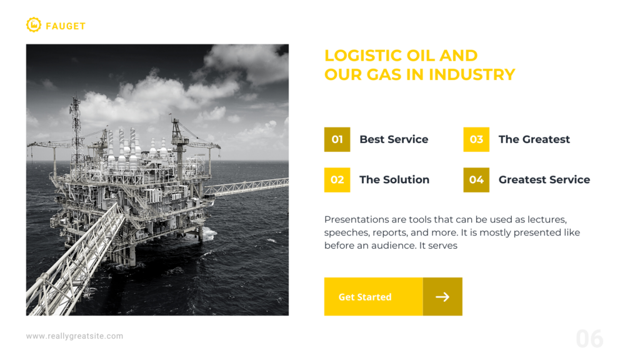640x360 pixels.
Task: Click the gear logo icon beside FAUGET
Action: [x=34, y=25]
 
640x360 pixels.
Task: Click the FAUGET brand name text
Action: [x=66, y=26]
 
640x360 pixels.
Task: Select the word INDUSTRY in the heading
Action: [x=472, y=75]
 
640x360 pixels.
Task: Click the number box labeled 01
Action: [x=337, y=139]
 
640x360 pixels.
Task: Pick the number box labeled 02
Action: [x=337, y=180]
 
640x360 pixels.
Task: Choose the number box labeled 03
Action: [x=476, y=139]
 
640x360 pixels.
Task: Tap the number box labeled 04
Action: [x=476, y=180]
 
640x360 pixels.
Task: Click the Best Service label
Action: [x=394, y=139]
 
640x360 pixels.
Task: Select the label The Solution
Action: [x=394, y=179]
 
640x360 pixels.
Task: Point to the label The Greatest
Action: [x=534, y=139]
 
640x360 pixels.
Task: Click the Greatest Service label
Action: [x=544, y=179]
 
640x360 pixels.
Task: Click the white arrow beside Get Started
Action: [x=442, y=297]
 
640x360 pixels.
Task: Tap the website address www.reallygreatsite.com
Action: [x=75, y=336]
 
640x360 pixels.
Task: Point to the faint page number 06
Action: [x=590, y=339]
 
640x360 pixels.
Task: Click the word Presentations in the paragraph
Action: [x=357, y=219]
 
